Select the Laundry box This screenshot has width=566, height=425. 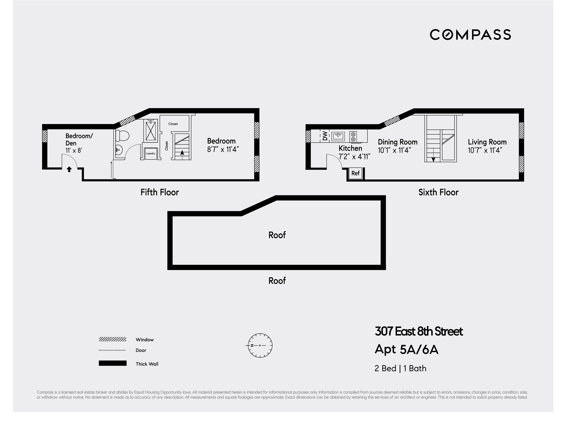pos(151,154)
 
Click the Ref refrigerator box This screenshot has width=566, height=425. pos(355,173)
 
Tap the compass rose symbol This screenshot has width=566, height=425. pos(260,345)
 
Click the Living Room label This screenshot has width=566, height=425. pos(487,142)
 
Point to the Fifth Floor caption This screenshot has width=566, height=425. pos(160,192)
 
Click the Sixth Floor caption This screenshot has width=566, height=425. pos(438,192)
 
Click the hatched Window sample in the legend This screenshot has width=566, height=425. pos(113,339)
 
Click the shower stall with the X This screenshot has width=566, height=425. pos(151,131)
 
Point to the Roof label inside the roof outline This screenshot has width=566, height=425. pos(277,235)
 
